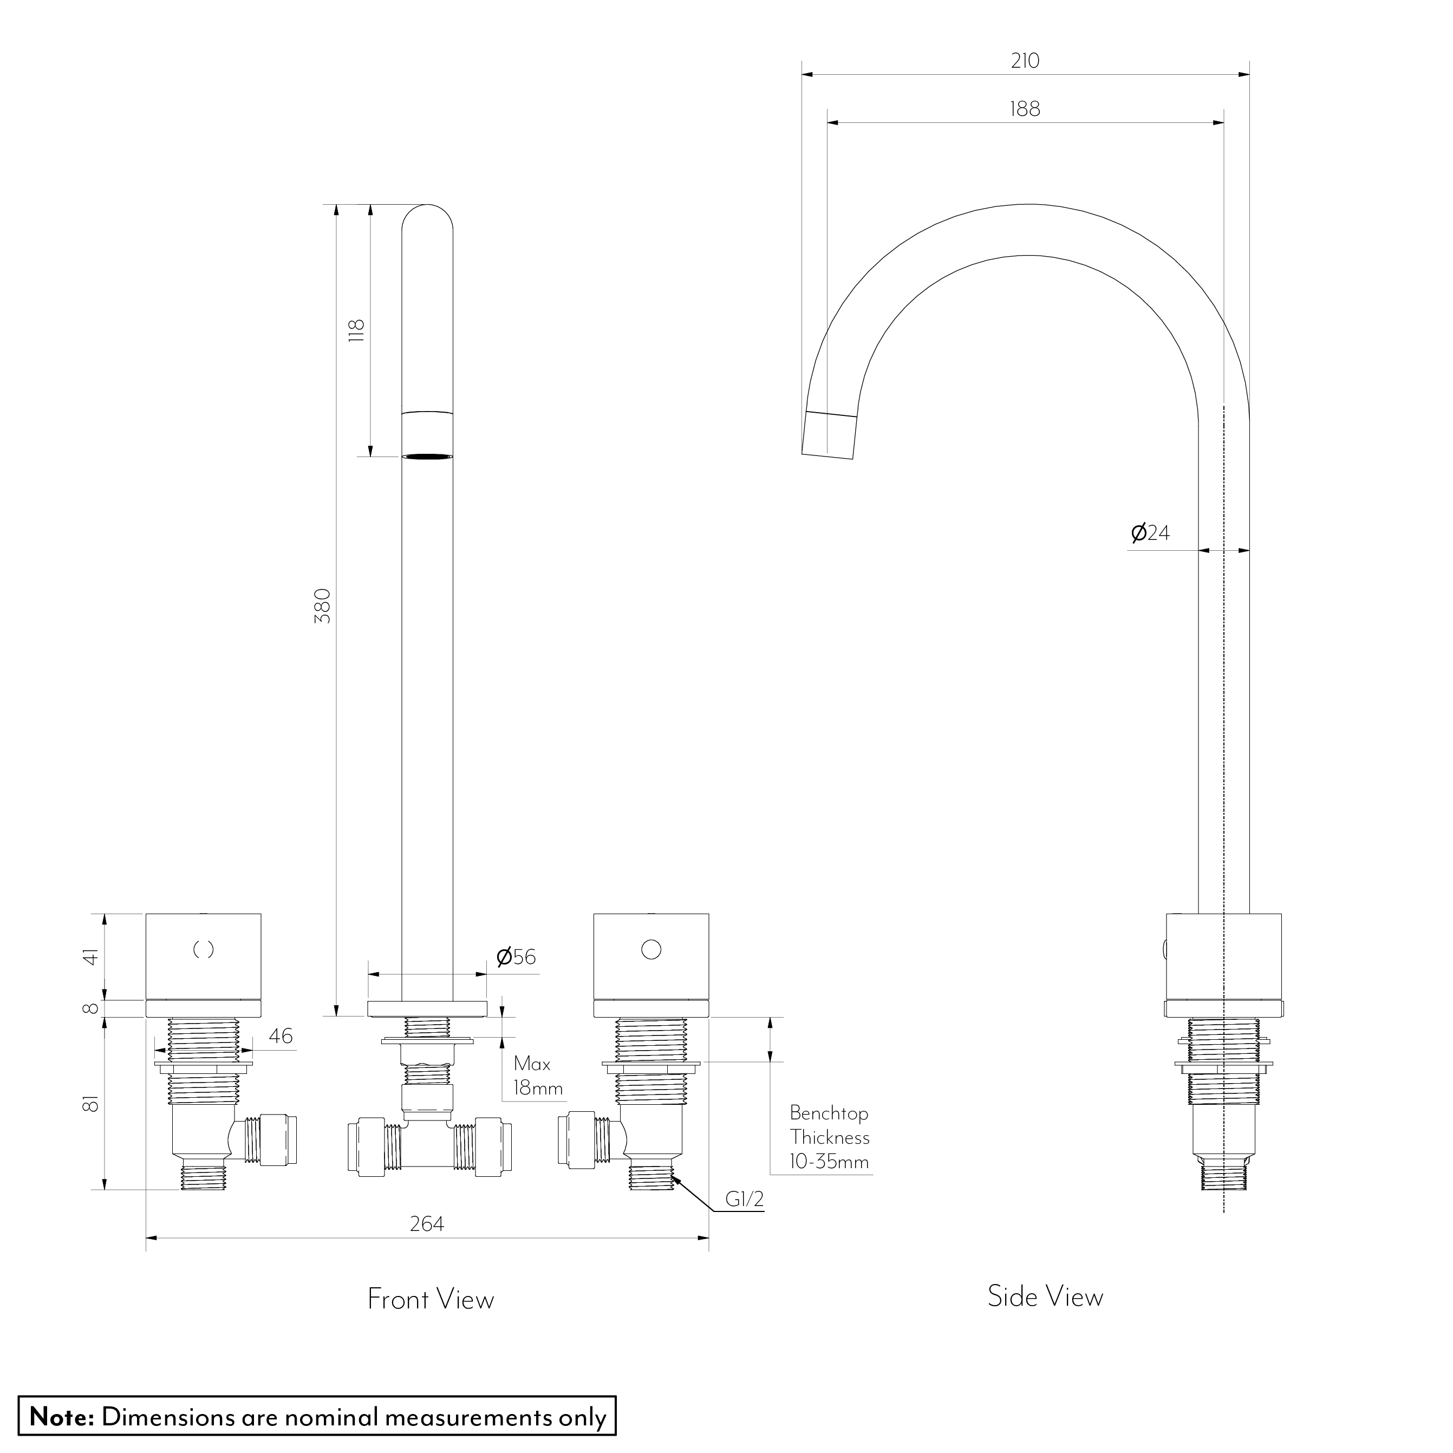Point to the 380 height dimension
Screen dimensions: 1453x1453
tap(322, 605)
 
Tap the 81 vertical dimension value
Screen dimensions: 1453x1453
tap(91, 1104)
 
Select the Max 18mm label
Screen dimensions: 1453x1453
tap(537, 1076)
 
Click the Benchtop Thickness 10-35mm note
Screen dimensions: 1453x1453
tap(829, 1137)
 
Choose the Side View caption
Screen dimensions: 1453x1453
tap(1045, 1296)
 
